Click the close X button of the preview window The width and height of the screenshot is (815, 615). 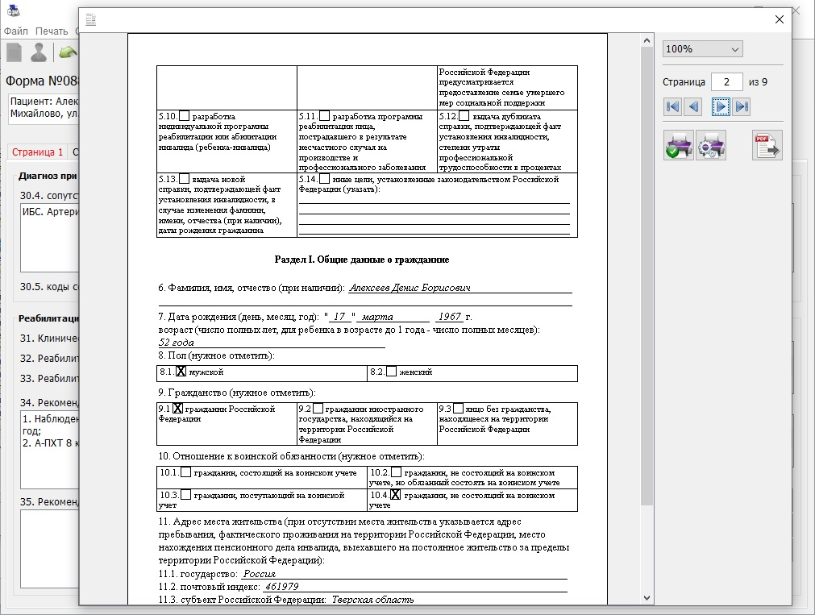tap(778, 20)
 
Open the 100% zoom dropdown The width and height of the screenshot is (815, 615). tap(702, 49)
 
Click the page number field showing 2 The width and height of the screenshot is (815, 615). tap(727, 82)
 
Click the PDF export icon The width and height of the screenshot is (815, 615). tap(767, 145)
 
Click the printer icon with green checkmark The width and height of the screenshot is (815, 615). tap(679, 145)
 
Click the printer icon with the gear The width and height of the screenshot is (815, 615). tap(711, 145)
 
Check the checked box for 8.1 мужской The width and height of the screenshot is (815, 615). tap(181, 372)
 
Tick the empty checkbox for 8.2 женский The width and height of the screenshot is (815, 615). tap(392, 372)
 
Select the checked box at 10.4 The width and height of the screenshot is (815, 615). tap(395, 495)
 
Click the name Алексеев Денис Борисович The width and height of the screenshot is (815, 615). tap(410, 288)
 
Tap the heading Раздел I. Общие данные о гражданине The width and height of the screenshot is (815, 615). tap(362, 260)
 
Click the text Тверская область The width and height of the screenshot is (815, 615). tap(373, 600)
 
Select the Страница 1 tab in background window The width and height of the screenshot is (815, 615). tap(37, 152)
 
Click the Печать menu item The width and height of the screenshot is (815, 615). tap(52, 31)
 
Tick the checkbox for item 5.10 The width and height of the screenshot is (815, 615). tap(185, 116)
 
